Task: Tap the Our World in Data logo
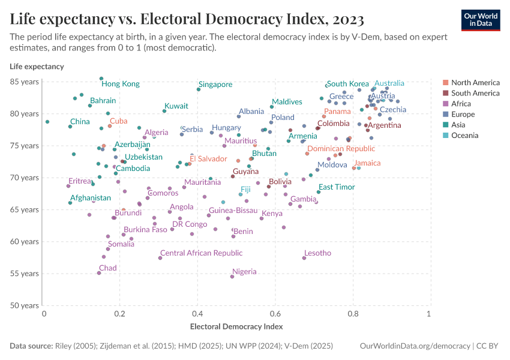[x=481, y=19]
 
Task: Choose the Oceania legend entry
[x=464, y=136]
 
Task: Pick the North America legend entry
[x=475, y=83]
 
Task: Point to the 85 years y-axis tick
[x=25, y=82]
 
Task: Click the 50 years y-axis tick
[x=25, y=305]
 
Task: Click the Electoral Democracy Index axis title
[x=236, y=327]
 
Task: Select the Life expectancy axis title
[x=37, y=66]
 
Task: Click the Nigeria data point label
[x=244, y=272]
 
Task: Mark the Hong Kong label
[x=120, y=84]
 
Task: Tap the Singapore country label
[x=215, y=85]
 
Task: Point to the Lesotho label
[x=317, y=253]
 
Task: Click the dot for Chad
[x=99, y=273]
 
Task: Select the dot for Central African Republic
[x=160, y=258]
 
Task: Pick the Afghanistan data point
[x=70, y=203]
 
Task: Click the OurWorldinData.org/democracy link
[x=414, y=346]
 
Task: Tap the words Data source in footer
[x=31, y=346]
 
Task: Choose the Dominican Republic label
[x=341, y=149]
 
